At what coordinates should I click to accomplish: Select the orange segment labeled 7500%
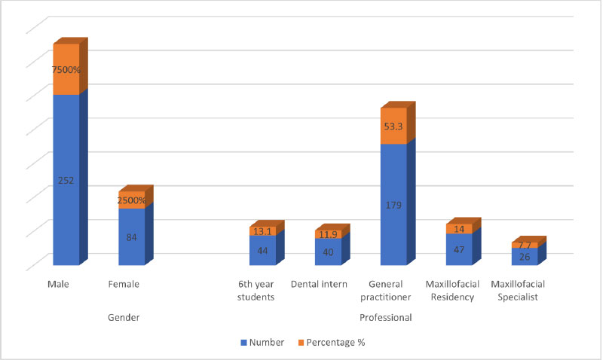pyautogui.click(x=66, y=69)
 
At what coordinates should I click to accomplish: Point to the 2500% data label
pyautogui.click(x=131, y=200)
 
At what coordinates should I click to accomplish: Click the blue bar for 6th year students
pyautogui.click(x=262, y=251)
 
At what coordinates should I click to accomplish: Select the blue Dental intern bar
pyautogui.click(x=328, y=252)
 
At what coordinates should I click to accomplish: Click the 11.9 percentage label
pyautogui.click(x=328, y=234)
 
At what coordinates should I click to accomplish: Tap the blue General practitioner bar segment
pyautogui.click(x=393, y=204)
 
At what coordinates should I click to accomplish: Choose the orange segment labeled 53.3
pyautogui.click(x=393, y=127)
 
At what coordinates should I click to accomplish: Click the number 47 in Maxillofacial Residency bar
pyautogui.click(x=459, y=249)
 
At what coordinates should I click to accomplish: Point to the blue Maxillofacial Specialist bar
pyautogui.click(x=525, y=257)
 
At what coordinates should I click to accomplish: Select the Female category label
pyautogui.click(x=124, y=285)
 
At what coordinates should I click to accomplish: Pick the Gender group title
pyautogui.click(x=124, y=318)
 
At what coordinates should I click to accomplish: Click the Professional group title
pyautogui.click(x=386, y=318)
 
